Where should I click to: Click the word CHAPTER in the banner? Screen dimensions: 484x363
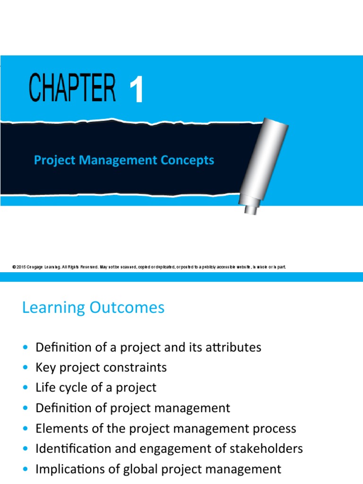tap(72, 88)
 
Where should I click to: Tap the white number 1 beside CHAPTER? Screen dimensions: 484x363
tap(136, 91)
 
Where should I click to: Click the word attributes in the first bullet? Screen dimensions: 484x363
tap(232, 347)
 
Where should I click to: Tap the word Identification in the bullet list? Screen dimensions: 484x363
tap(70, 449)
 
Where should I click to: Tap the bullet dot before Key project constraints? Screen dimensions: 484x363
tap(26, 368)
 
